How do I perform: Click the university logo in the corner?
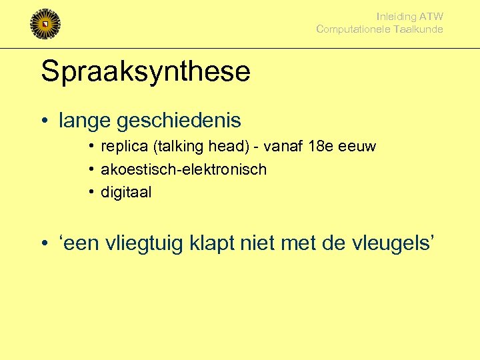(45, 24)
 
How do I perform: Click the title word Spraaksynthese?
(145, 71)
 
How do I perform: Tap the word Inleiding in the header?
(396, 17)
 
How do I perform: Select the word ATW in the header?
(431, 17)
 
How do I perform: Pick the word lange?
(85, 121)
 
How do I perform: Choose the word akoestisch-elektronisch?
(183, 169)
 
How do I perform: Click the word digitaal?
(126, 193)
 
